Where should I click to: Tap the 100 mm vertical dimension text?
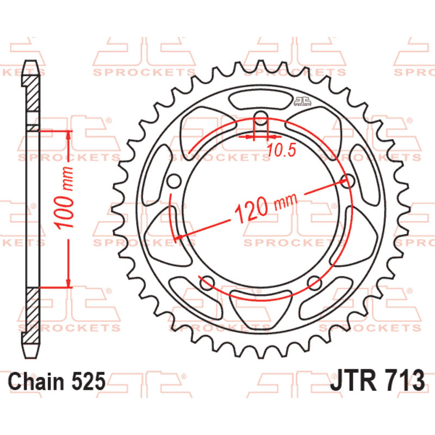(x=64, y=198)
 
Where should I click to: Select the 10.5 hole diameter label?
(x=282, y=150)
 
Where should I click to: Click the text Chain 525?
(x=57, y=381)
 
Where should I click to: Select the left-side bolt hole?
(x=174, y=181)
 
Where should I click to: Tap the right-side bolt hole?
(x=348, y=181)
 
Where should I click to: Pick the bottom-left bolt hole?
(x=207, y=283)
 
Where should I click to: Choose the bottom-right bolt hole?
(x=315, y=283)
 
